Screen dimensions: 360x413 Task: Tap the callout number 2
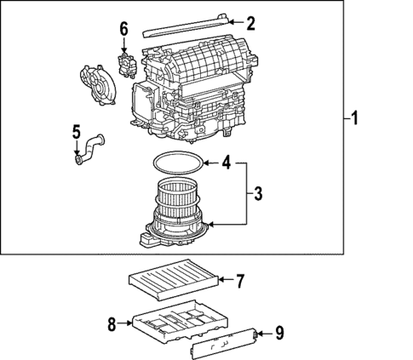point(250,22)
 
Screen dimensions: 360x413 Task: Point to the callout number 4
point(227,162)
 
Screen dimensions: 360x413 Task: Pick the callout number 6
point(123,30)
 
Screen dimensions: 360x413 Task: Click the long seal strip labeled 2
point(187,26)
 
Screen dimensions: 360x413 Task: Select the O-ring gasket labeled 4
point(178,162)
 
